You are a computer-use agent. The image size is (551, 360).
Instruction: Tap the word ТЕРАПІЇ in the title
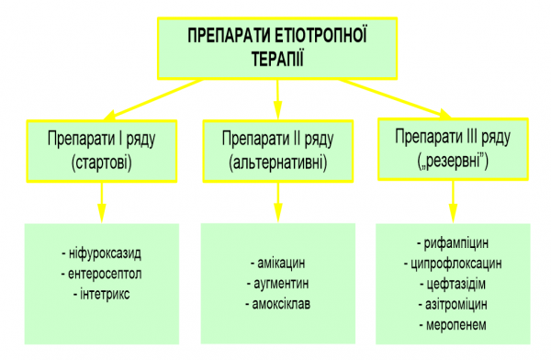click(x=276, y=57)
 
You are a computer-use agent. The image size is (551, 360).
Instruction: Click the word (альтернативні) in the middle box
click(x=276, y=163)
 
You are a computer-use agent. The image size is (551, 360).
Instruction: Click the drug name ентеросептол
click(x=100, y=273)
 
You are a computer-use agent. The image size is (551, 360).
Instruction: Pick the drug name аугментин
click(x=278, y=283)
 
